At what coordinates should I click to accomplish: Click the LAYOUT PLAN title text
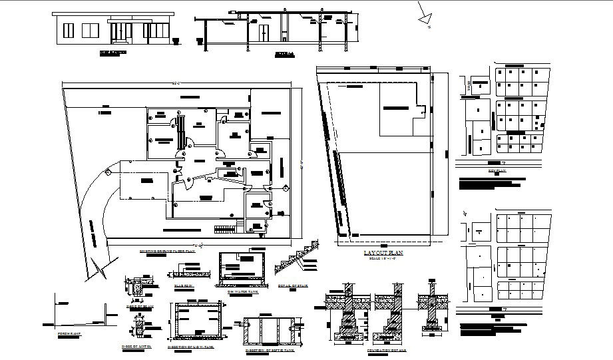pyautogui.click(x=383, y=254)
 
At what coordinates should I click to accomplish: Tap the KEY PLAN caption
pyautogui.click(x=497, y=171)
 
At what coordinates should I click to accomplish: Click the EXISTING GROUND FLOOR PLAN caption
pyautogui.click(x=167, y=252)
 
